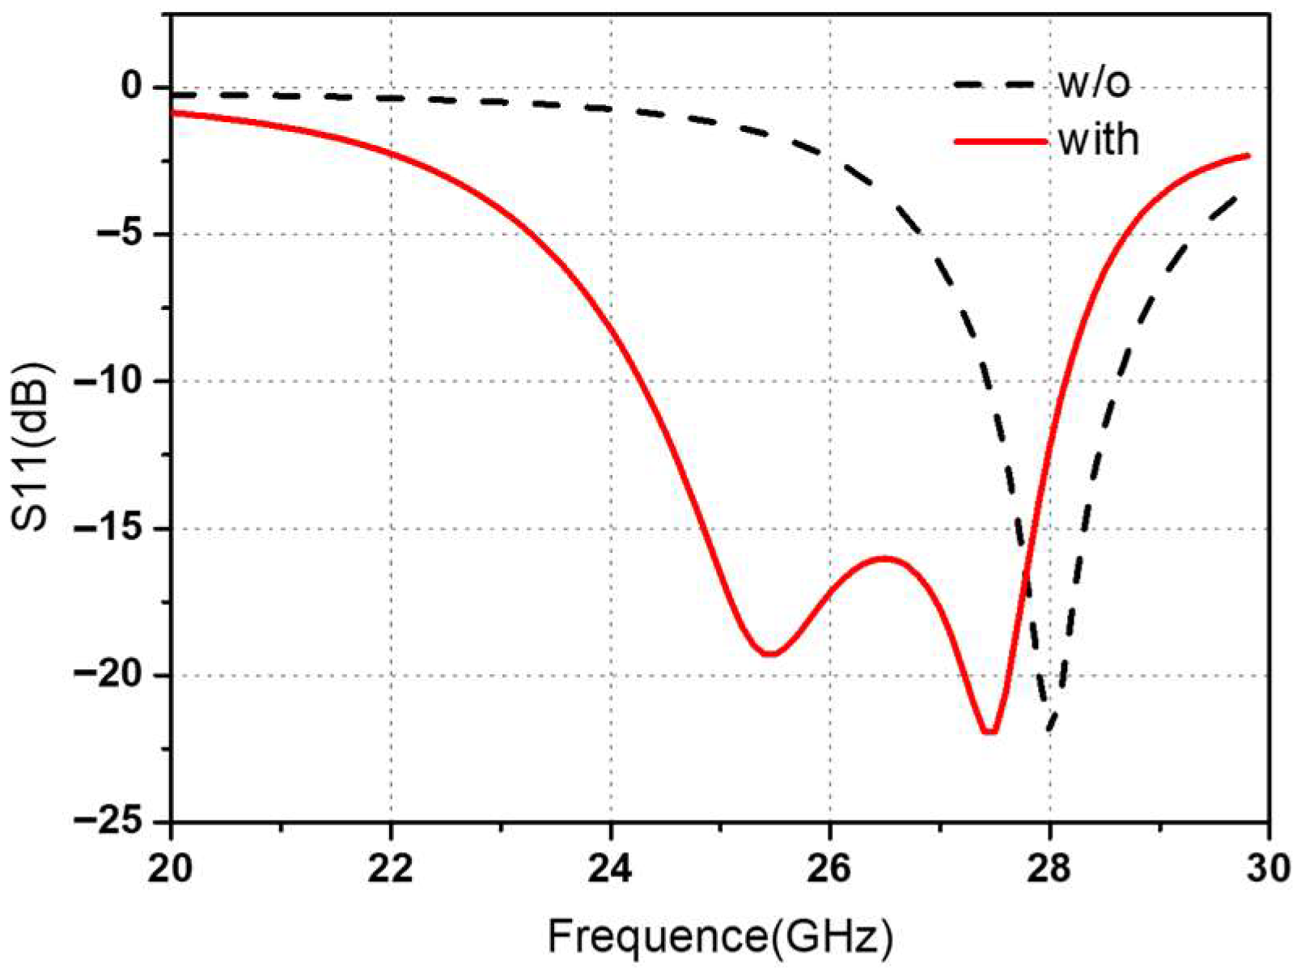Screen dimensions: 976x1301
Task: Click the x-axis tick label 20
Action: (x=171, y=869)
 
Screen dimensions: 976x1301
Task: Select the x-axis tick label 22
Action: (x=391, y=869)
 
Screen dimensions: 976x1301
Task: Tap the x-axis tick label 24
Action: (x=611, y=869)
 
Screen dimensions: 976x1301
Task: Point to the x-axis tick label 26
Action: (x=830, y=869)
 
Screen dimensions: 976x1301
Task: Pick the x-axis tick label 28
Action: (x=1049, y=869)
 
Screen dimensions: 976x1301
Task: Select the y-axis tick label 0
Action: (x=132, y=87)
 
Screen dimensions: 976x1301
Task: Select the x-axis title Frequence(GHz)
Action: (x=720, y=937)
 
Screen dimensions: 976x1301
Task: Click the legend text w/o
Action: (x=1094, y=83)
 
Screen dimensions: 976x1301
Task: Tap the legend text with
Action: (x=1098, y=140)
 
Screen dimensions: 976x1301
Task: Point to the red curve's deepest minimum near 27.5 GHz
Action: (x=990, y=732)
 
